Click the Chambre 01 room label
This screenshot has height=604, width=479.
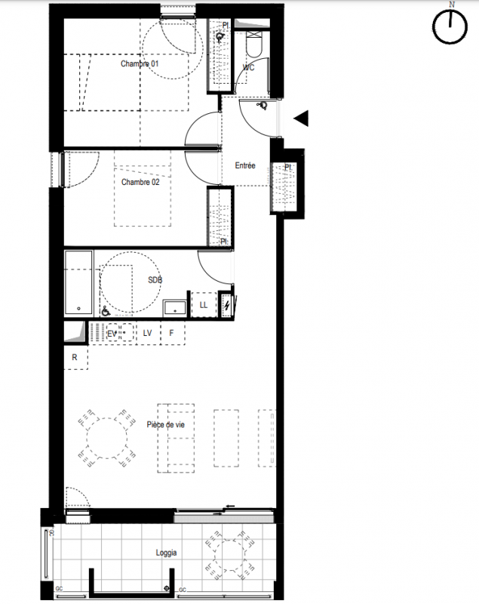click(x=140, y=63)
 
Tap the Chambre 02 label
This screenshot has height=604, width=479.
click(x=140, y=182)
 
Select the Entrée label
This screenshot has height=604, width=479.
click(x=245, y=165)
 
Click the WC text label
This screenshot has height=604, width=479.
click(x=248, y=67)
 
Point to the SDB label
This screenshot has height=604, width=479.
click(x=155, y=280)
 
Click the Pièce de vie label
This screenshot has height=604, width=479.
click(x=165, y=424)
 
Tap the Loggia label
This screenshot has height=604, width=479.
click(x=166, y=553)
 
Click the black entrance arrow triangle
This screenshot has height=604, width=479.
click(x=301, y=119)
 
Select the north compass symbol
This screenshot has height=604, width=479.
click(x=450, y=26)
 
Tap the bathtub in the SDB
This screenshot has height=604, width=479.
click(x=79, y=282)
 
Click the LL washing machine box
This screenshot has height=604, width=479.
click(x=204, y=305)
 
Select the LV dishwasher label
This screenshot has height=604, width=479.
click(x=147, y=333)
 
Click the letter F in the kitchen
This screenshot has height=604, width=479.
click(x=171, y=332)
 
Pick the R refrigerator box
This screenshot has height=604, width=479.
click(x=75, y=357)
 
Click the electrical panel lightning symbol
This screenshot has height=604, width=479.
click(x=227, y=306)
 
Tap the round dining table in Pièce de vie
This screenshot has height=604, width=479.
click(x=107, y=439)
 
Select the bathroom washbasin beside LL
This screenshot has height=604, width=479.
click(x=175, y=308)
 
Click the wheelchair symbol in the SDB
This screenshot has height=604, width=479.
click(x=106, y=311)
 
